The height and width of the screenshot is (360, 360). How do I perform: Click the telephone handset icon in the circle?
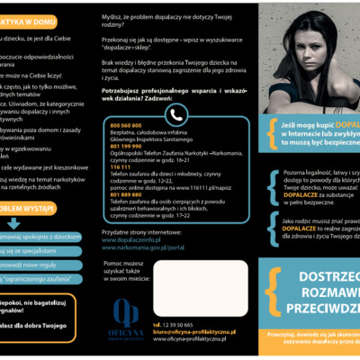point(176,115)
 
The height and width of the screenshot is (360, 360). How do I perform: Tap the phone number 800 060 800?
point(126,124)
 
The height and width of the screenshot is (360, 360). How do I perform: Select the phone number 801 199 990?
point(126,146)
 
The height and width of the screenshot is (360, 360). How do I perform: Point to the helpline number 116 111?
point(121,167)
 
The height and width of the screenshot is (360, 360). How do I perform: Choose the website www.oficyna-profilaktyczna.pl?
point(187,338)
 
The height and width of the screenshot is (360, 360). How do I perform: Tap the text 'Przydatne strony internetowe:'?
point(136,232)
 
